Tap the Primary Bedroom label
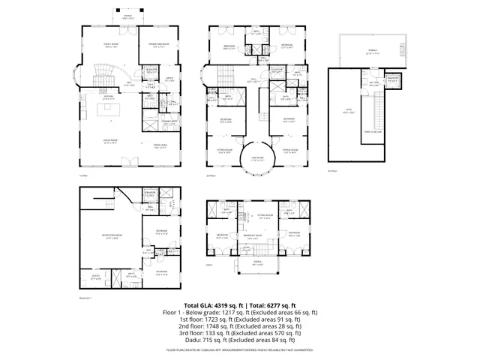(x=156, y=46)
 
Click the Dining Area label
(x=160, y=145)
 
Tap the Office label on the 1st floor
(x=169, y=79)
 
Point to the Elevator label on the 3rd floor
(x=391, y=81)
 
